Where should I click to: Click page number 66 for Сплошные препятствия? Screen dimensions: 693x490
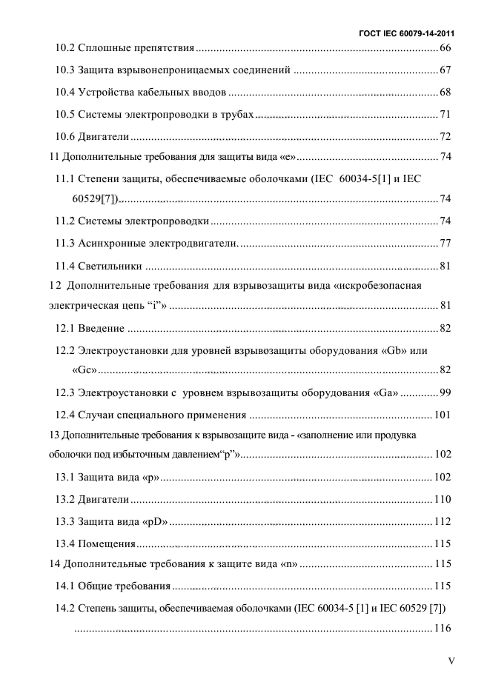click(x=446, y=48)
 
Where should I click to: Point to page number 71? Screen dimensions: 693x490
click(x=446, y=115)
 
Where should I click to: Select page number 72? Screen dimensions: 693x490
click(x=446, y=137)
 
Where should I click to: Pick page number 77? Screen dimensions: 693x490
click(x=446, y=244)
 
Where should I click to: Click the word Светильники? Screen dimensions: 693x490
click(x=110, y=266)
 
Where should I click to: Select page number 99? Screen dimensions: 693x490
click(x=446, y=392)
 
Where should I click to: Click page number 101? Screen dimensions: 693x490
click(x=443, y=415)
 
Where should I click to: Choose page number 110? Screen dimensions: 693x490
click(x=443, y=500)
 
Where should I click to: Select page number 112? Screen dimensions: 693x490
click(x=443, y=521)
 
